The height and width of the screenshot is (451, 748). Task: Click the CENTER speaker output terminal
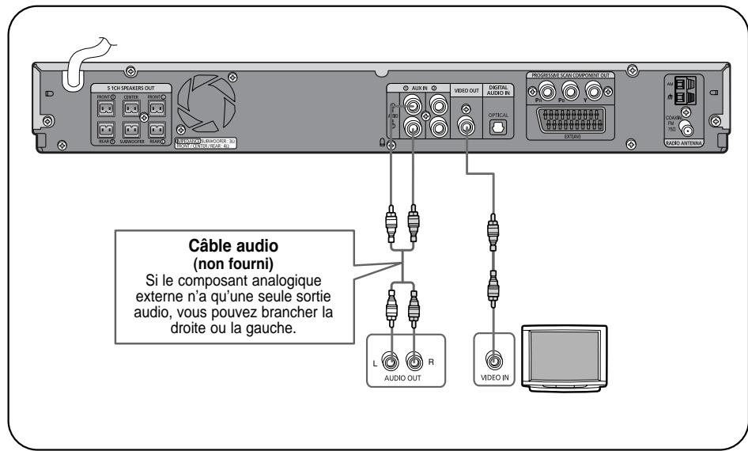point(130,107)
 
